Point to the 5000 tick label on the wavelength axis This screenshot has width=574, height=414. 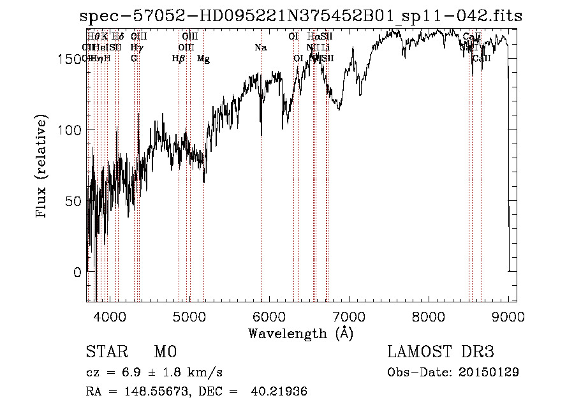pyautogui.click(x=189, y=315)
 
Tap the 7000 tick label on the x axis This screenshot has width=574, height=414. pyautogui.click(x=349, y=315)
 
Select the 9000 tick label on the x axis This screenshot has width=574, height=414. pyautogui.click(x=508, y=315)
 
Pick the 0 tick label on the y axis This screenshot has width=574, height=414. pyautogui.click(x=77, y=272)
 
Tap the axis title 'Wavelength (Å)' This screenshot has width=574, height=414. pyautogui.click(x=301, y=333)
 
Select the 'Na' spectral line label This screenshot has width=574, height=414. pyautogui.click(x=260, y=47)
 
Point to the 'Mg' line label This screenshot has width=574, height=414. pyautogui.click(x=203, y=59)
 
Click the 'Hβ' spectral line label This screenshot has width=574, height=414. pyautogui.click(x=179, y=59)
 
